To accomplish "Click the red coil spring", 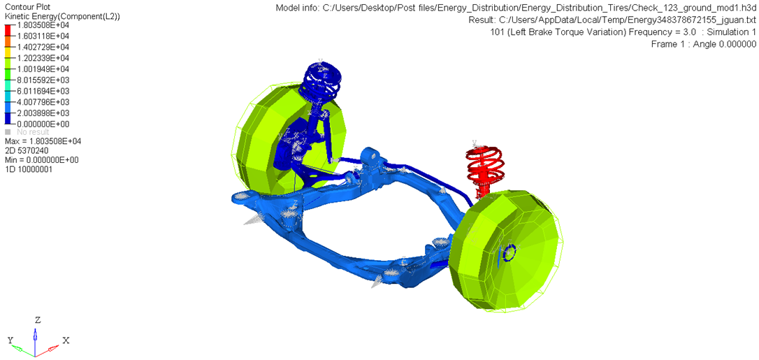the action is tap(484, 169).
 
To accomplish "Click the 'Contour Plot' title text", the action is tap(27, 7).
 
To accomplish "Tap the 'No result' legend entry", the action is tap(33, 132).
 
